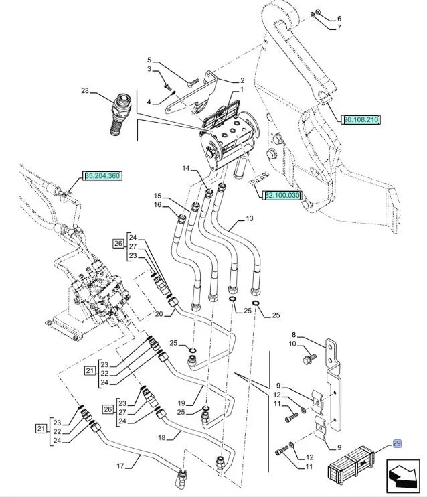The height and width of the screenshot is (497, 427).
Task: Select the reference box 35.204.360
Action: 102,176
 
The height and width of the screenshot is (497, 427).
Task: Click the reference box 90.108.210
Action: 361,120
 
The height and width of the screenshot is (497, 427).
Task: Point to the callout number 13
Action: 250,218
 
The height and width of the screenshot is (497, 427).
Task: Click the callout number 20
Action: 159,314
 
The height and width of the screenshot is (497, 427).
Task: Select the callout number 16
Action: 158,206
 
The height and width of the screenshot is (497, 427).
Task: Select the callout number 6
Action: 339,18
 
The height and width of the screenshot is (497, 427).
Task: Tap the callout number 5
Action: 150,60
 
